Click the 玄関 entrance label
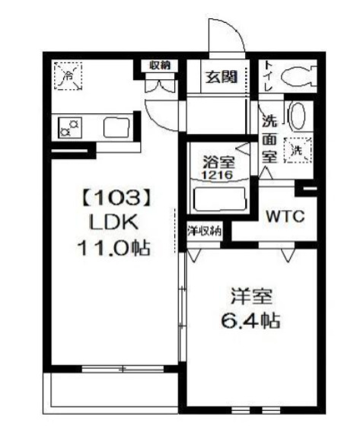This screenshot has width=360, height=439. click(221, 77)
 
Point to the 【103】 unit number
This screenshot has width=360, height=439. click(111, 199)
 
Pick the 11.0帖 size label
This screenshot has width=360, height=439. click(111, 247)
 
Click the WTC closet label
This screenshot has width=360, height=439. click(285, 216)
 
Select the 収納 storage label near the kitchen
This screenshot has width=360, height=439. click(160, 65)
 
